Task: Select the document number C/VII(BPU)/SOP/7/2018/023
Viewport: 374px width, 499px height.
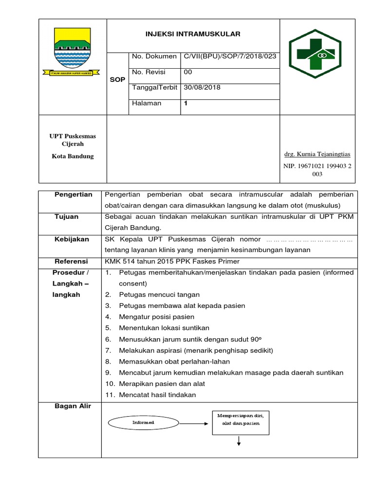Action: tap(229, 57)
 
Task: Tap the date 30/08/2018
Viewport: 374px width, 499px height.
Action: tap(202, 88)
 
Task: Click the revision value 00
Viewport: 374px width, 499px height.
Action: tap(188, 72)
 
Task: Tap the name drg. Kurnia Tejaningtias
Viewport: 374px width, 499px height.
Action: tap(317, 154)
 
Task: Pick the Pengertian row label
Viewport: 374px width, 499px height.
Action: tap(73, 195)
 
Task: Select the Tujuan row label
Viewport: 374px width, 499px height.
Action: tap(66, 217)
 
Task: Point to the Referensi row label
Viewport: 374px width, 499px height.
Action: tap(71, 262)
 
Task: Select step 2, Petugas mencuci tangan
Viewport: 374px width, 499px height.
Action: tap(159, 295)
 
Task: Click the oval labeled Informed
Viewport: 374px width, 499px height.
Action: tap(144, 422)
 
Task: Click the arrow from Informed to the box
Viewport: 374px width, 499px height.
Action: tap(189, 422)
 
